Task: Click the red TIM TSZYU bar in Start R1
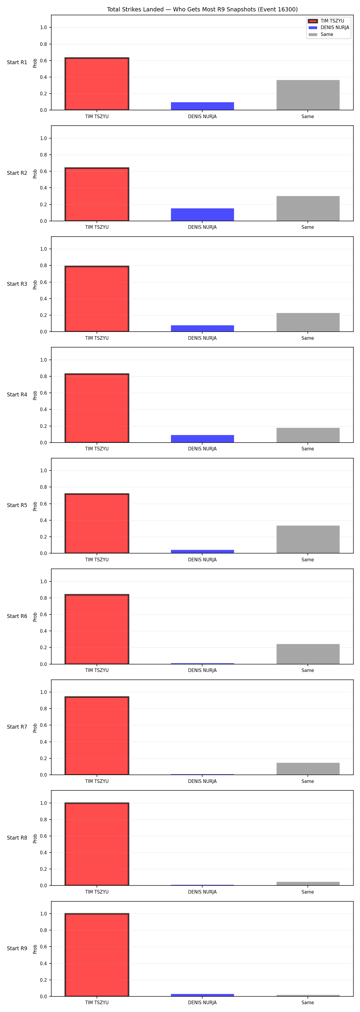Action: pyautogui.click(x=97, y=84)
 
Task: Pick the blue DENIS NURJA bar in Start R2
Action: pyautogui.click(x=202, y=214)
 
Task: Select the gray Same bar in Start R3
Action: pyautogui.click(x=308, y=322)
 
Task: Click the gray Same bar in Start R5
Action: pyautogui.click(x=308, y=539)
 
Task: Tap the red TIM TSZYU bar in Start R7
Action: pyautogui.click(x=97, y=736)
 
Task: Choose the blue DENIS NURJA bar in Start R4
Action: pyautogui.click(x=202, y=439)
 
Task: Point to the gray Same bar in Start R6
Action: pyautogui.click(x=308, y=654)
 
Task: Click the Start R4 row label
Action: pyautogui.click(x=17, y=394)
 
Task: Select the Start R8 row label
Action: pyautogui.click(x=17, y=837)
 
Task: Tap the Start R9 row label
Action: pyautogui.click(x=17, y=948)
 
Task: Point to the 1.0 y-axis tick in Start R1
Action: pyautogui.click(x=43, y=28)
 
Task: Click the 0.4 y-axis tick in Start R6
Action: pyautogui.click(x=43, y=631)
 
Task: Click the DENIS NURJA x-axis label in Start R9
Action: pyautogui.click(x=202, y=1003)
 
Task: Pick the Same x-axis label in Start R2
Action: pyautogui.click(x=308, y=227)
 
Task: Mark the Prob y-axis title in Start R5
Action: pyautogui.click(x=35, y=506)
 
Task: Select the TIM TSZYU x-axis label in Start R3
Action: pyautogui.click(x=97, y=338)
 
